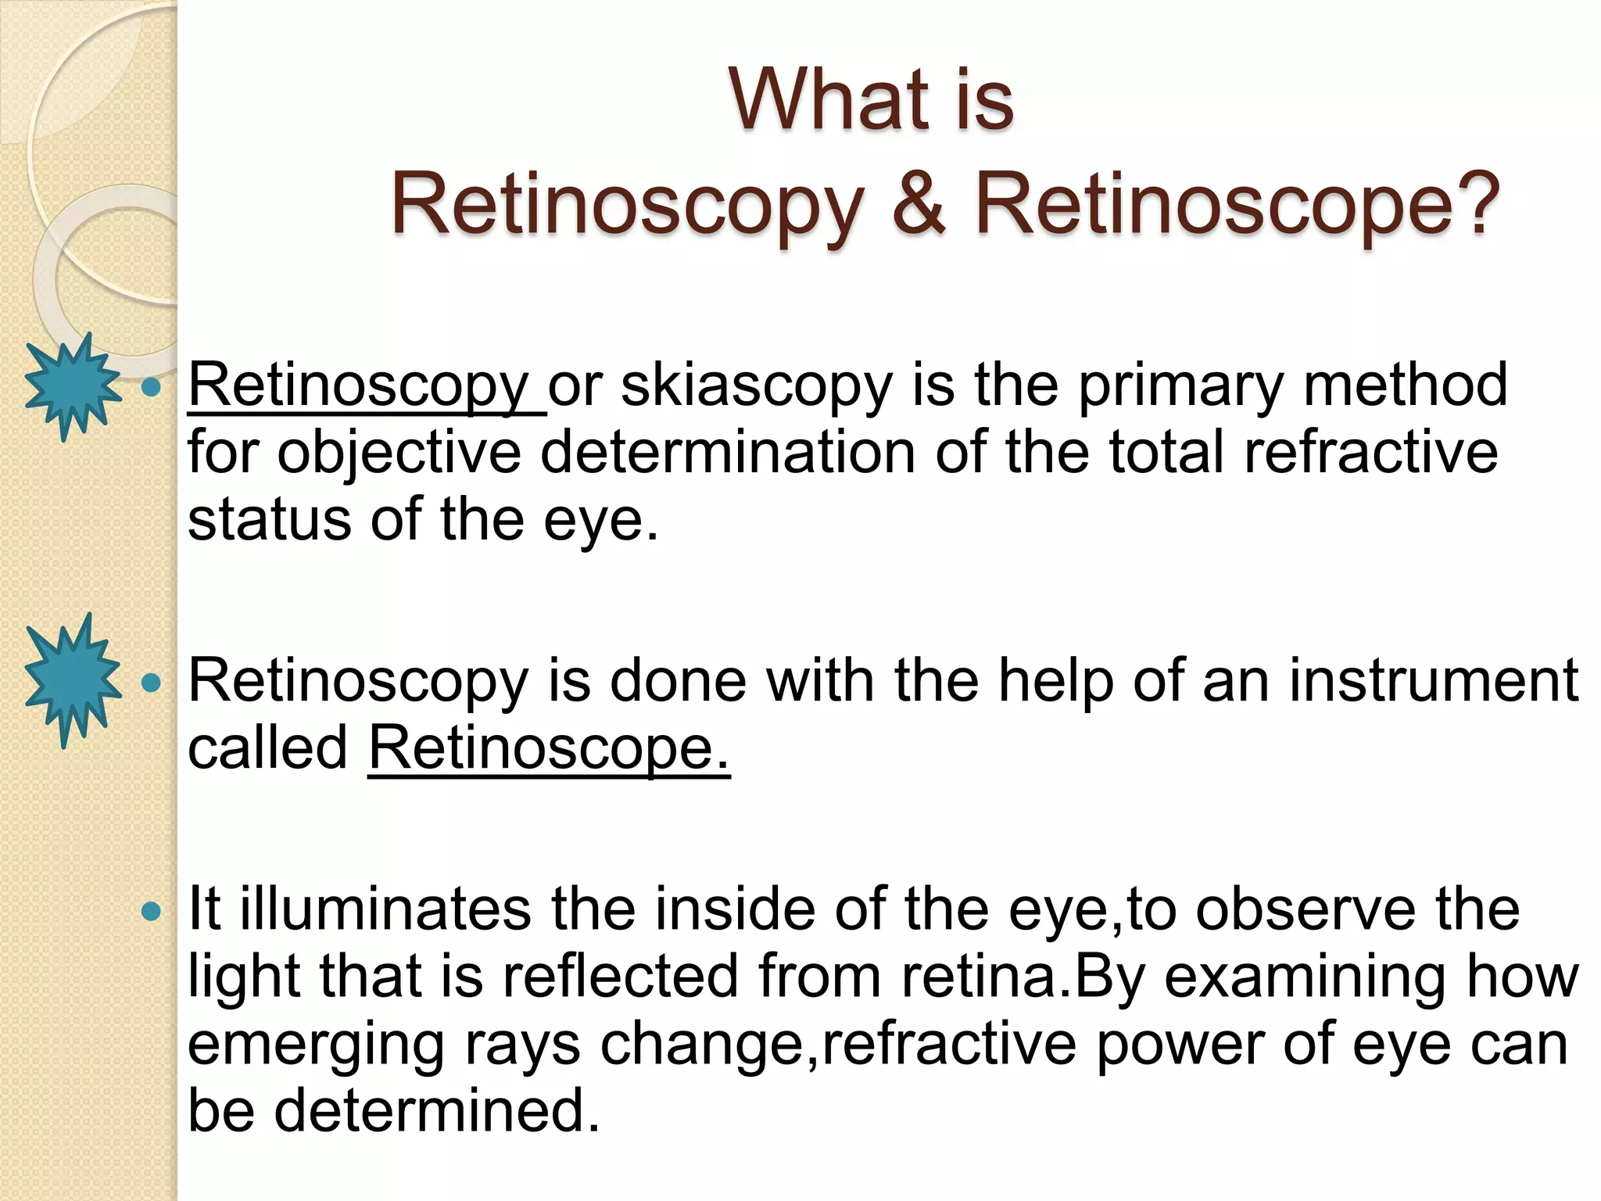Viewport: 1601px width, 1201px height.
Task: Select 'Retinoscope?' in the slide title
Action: pyautogui.click(x=1237, y=205)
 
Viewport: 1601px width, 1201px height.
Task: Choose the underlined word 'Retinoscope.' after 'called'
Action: pyautogui.click(x=549, y=748)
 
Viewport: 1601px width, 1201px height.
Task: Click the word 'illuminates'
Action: pyautogui.click(x=385, y=909)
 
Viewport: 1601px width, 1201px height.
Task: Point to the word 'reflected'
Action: pyautogui.click(x=621, y=977)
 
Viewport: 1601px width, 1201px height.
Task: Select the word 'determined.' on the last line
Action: pyautogui.click(x=437, y=1110)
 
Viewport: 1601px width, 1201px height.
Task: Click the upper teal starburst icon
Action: pyautogui.click(x=73, y=386)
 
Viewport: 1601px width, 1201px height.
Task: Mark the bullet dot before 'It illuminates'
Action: pyautogui.click(x=150, y=911)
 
